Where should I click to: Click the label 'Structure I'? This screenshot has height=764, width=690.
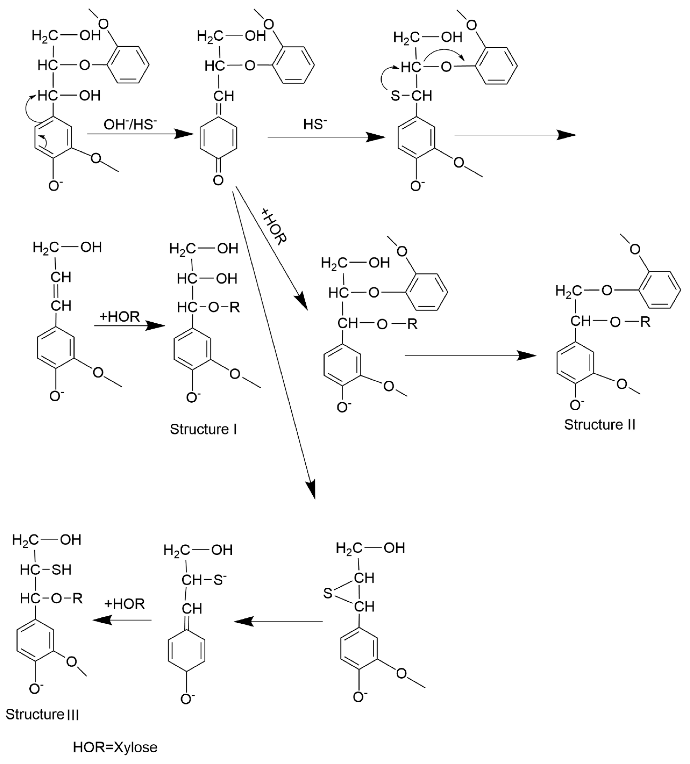coord(203,429)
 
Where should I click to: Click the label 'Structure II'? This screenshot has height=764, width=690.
coord(599,424)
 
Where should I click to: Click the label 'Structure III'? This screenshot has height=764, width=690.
coord(42,714)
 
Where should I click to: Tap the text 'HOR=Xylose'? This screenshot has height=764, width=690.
coord(115,747)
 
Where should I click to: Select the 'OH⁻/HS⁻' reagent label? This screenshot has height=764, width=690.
coord(130,124)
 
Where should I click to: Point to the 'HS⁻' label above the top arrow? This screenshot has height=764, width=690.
coord(315,124)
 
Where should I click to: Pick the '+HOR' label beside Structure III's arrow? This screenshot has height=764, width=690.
coord(124,604)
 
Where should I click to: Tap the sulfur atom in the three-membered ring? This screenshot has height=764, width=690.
coord(328,594)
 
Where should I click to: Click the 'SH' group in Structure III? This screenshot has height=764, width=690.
coord(62,570)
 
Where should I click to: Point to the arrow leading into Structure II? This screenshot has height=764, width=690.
coord(471,356)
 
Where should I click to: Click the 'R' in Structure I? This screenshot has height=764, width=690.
coord(235,307)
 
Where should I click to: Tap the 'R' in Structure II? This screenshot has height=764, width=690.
coord(645,322)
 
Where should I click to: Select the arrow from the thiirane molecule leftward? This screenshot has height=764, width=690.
coord(279,622)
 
